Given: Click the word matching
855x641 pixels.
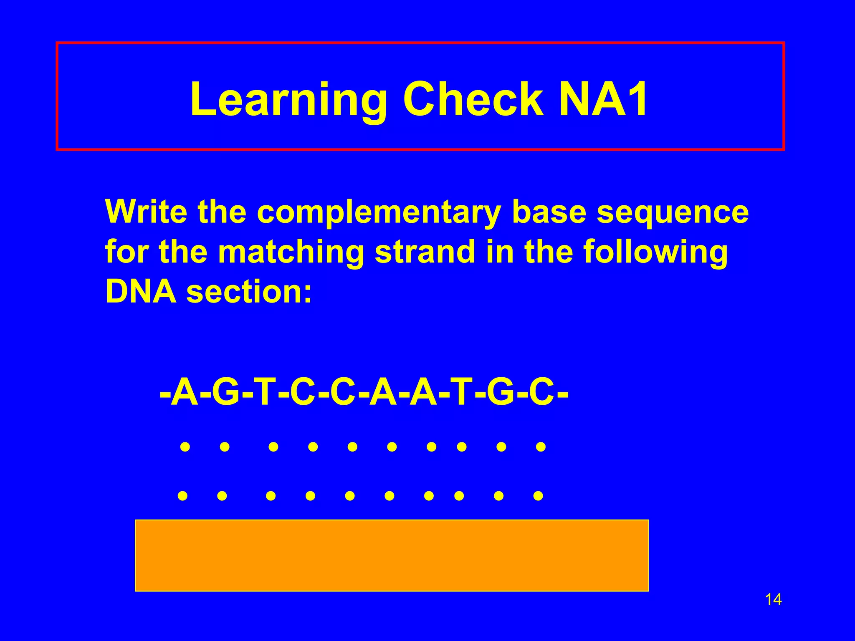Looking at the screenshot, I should (x=291, y=252).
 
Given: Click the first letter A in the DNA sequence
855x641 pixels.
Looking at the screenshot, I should (x=185, y=393).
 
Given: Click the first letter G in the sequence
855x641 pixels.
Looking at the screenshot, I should (x=225, y=393).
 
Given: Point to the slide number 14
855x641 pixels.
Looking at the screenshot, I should (x=773, y=600).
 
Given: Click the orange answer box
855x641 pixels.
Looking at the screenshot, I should (x=392, y=555).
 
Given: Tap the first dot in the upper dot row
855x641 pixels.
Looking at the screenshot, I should (x=185, y=447).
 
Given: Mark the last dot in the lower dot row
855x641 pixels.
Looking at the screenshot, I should (x=538, y=496).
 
